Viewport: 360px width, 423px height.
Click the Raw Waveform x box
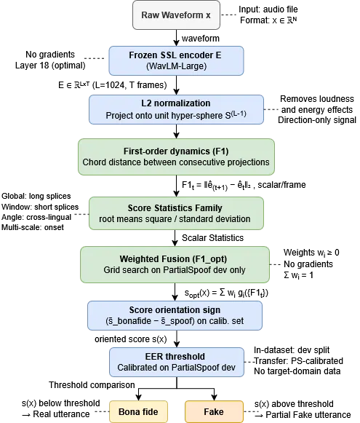[176, 15]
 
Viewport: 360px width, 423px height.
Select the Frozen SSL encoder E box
[176, 60]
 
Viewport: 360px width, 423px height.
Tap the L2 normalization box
[176, 109]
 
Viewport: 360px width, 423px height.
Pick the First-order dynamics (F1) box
[176, 157]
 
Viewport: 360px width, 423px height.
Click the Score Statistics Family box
[176, 213]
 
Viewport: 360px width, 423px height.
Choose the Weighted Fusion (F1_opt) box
[175, 264]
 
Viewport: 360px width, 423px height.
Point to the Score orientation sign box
[175, 316]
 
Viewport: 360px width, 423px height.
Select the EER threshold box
[177, 363]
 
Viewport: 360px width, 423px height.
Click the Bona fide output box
[138, 412]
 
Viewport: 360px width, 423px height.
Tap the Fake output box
[214, 412]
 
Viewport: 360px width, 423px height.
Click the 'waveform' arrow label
[201, 39]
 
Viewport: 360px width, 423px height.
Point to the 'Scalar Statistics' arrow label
[212, 238]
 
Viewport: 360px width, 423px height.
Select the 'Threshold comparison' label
[92, 385]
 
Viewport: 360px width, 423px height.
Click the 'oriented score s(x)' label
[131, 339]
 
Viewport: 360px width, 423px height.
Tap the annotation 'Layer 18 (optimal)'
[50, 66]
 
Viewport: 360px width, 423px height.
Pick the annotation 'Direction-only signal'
[317, 120]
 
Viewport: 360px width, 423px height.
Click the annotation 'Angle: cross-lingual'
[36, 217]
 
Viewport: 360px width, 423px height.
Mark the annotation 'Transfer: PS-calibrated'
[299, 360]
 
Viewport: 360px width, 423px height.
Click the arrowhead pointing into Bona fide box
[138, 398]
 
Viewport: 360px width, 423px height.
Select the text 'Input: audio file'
[268, 9]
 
